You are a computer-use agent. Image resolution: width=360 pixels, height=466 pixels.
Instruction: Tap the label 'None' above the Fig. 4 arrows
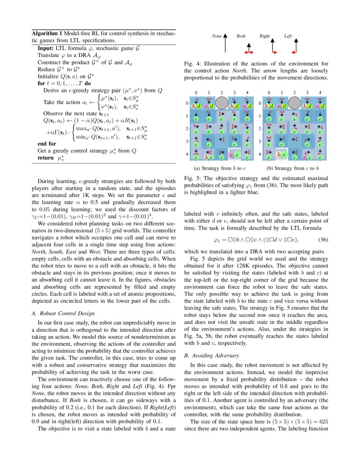click(x=217, y=36)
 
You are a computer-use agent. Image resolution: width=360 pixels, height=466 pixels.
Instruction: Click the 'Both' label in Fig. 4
click(x=241, y=36)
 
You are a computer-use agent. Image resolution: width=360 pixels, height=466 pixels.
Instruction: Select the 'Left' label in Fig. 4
click(x=288, y=36)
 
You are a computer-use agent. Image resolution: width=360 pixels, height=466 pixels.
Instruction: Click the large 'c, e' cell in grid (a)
click(x=235, y=155)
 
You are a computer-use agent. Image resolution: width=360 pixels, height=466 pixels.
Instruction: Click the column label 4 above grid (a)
click(x=247, y=92)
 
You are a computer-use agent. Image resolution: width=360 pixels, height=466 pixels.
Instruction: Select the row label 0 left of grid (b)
click(x=260, y=103)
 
